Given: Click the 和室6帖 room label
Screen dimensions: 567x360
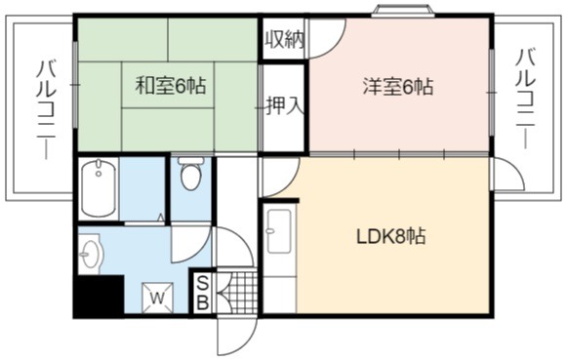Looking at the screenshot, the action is pyautogui.click(x=171, y=86).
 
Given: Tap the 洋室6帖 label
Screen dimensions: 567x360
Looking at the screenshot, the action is pyautogui.click(x=398, y=87).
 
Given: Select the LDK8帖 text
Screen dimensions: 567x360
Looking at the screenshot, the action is pyautogui.click(x=391, y=237).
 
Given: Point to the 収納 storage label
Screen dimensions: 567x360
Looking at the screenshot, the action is pyautogui.click(x=285, y=39).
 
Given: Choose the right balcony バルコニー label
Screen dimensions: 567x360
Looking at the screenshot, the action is pyautogui.click(x=525, y=99).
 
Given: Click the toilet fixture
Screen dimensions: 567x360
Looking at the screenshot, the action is pyautogui.click(x=191, y=173).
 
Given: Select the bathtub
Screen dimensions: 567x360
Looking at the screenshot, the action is pyautogui.click(x=99, y=188).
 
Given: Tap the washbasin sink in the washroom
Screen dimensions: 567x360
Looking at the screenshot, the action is pyautogui.click(x=91, y=253).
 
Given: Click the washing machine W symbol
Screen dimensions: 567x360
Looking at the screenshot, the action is pyautogui.click(x=157, y=298).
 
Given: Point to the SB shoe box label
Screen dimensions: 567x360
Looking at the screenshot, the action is pyautogui.click(x=203, y=293).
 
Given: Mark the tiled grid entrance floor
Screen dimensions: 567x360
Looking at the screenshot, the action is pyautogui.click(x=238, y=293).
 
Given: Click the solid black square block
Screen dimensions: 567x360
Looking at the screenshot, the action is pyautogui.click(x=99, y=296).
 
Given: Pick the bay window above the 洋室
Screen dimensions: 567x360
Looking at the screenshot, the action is pyautogui.click(x=404, y=11).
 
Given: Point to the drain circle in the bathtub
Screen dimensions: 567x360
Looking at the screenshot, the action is pyautogui.click(x=99, y=174).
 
